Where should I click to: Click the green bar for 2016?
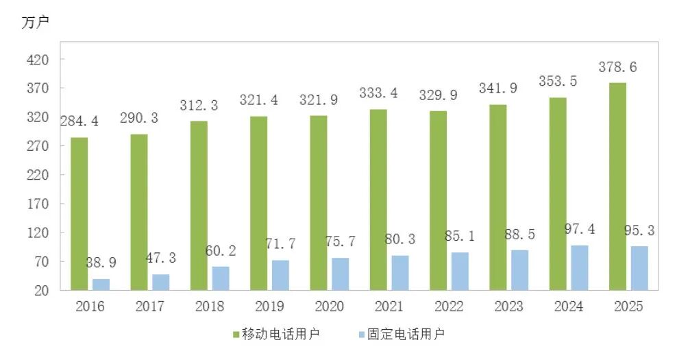(x=79, y=214)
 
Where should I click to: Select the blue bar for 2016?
(x=101, y=284)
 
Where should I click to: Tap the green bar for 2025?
(x=617, y=187)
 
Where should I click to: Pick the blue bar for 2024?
(x=579, y=267)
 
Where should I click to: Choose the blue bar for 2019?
(x=280, y=275)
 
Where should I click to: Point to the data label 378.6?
(x=618, y=67)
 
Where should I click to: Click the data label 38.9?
(x=100, y=263)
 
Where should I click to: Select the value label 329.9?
(x=438, y=95)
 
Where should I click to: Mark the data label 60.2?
(x=220, y=250)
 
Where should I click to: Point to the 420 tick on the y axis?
(x=38, y=60)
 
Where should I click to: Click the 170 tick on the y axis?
(x=38, y=204)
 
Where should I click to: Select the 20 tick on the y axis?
(x=41, y=290)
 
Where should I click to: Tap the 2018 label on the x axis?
(x=210, y=307)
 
